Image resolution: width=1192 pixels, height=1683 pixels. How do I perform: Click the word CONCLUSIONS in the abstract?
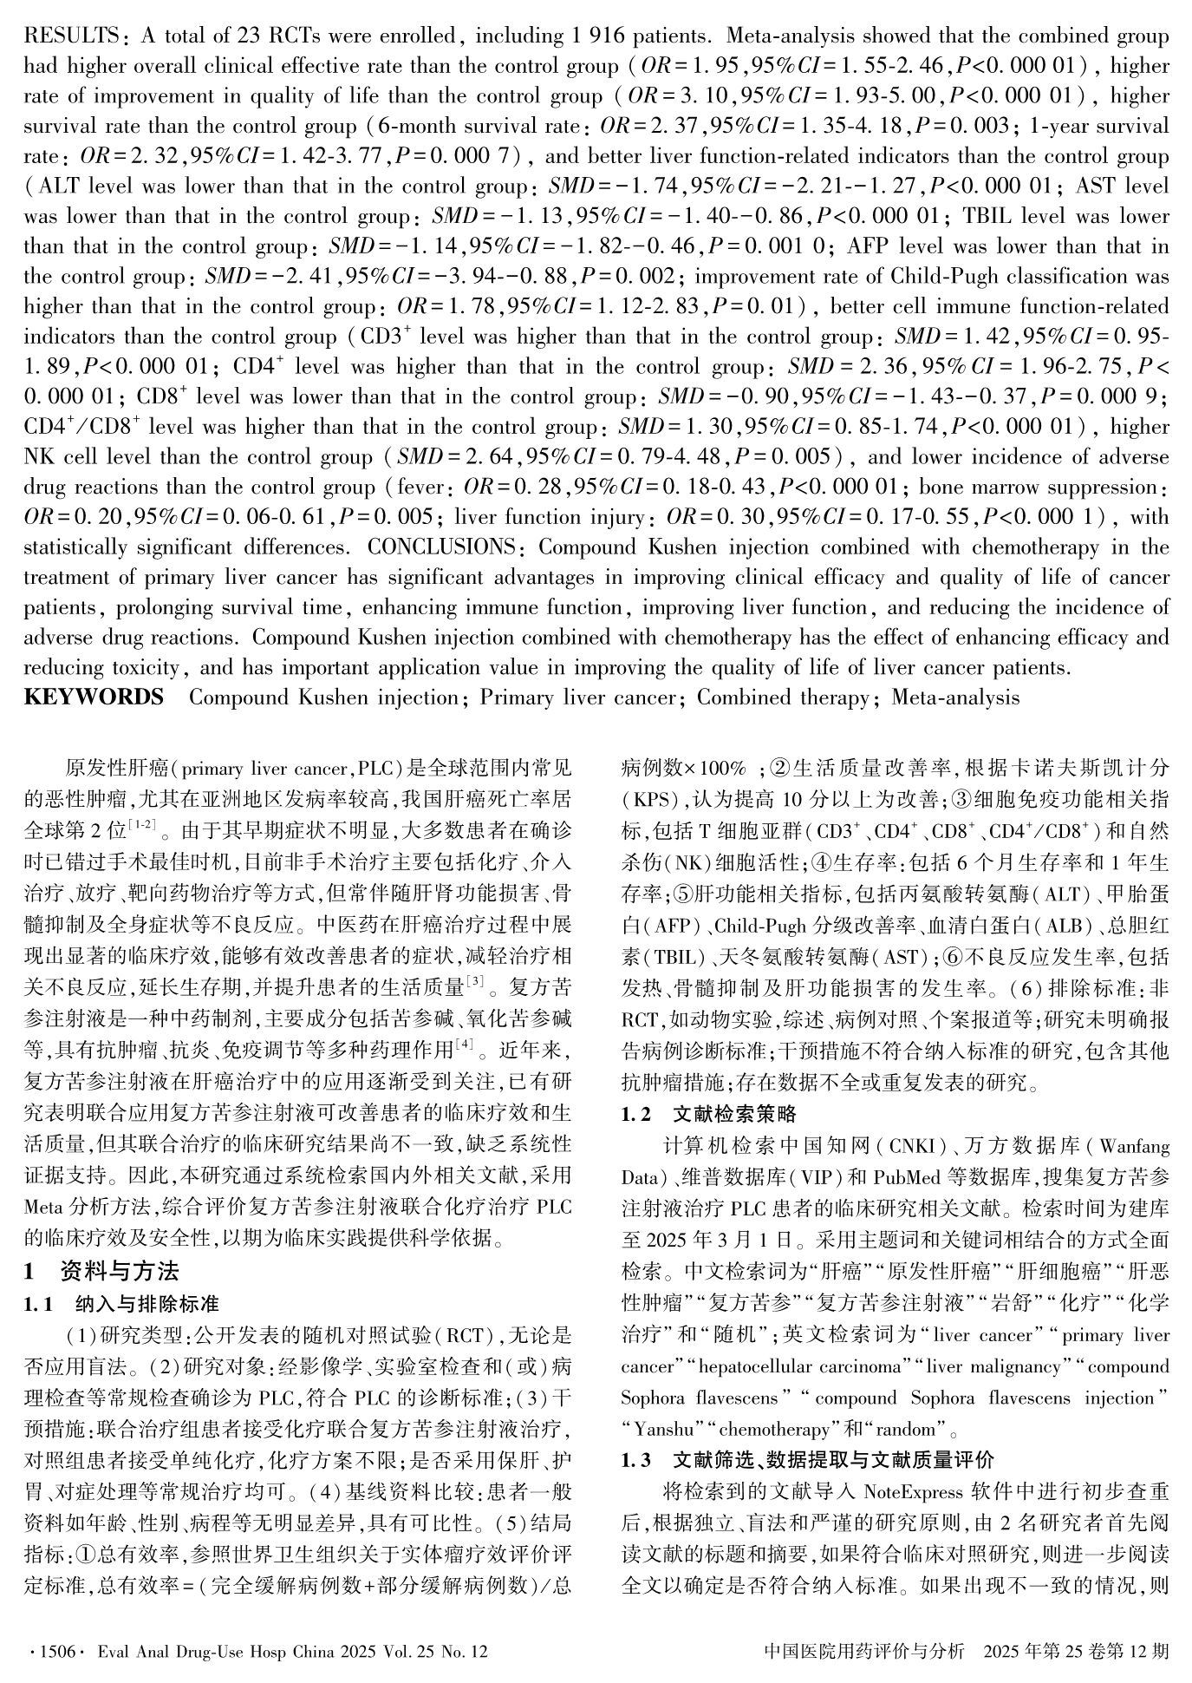click(440, 547)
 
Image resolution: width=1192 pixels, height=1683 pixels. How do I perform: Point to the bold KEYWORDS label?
click(94, 697)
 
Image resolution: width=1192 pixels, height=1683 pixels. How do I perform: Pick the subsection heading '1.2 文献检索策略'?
click(708, 1114)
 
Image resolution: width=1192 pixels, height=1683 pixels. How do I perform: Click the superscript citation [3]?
click(475, 982)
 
